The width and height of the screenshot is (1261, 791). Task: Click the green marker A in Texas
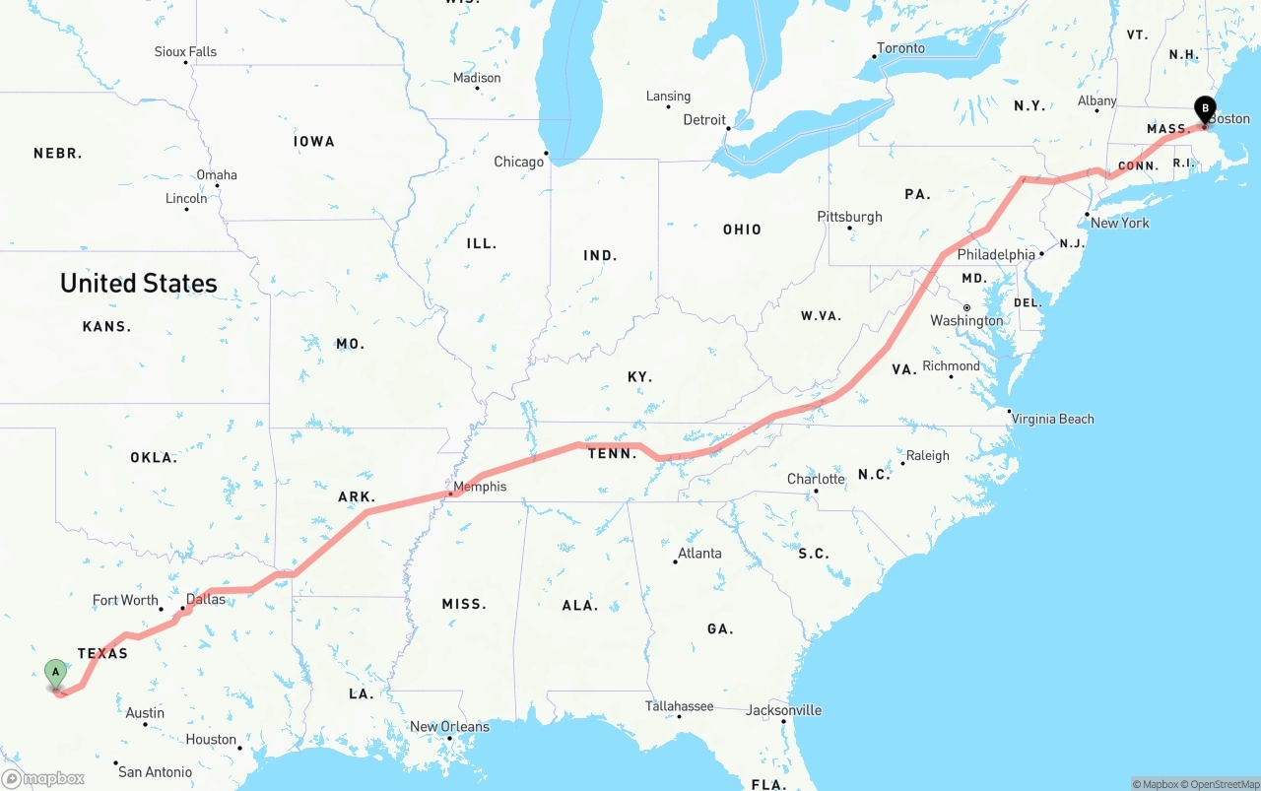point(56,674)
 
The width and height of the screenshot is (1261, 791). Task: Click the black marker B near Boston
point(1204,109)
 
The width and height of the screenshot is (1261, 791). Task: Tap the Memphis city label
point(480,486)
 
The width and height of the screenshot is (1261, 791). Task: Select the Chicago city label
point(518,162)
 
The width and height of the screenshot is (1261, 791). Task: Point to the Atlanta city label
point(699,553)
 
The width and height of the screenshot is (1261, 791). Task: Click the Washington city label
point(966,320)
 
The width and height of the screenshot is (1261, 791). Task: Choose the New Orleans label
point(449,726)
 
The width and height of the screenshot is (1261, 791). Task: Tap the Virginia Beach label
point(1052,419)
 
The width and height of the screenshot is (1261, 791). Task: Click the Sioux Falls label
point(185,51)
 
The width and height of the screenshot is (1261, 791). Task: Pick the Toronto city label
point(900,48)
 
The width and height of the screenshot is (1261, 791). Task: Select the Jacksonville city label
point(783,709)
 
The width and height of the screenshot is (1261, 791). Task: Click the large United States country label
point(139,283)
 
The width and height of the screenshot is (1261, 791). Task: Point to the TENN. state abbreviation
point(612,453)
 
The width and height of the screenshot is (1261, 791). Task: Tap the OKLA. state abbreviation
point(154,457)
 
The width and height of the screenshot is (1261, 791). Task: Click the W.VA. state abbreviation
point(821,315)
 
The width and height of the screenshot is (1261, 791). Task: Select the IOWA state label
point(314,141)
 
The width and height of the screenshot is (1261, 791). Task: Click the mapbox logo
point(43,778)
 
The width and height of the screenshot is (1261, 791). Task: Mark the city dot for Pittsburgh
point(849,229)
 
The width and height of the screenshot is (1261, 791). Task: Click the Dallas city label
point(206,599)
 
